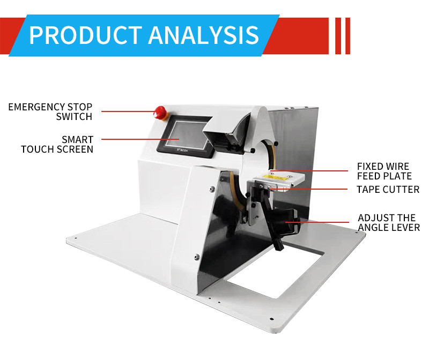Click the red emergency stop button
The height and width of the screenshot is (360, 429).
(159, 112)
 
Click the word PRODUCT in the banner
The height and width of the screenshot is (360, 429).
(85, 35)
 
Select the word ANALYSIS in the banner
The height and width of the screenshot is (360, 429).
(203, 35)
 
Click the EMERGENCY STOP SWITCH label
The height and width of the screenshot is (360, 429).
(50, 111)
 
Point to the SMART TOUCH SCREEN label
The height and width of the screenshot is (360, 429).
(57, 144)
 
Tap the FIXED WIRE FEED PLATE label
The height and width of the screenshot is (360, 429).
(384, 171)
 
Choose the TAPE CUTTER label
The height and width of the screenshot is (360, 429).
(388, 190)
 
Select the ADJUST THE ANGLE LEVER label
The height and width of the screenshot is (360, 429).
(389, 222)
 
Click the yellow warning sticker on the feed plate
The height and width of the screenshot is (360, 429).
(275, 178)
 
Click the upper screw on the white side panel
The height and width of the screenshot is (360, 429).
(212, 189)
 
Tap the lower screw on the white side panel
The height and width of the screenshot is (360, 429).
(197, 257)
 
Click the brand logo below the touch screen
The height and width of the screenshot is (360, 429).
(182, 150)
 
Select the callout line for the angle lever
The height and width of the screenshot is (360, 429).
(317, 222)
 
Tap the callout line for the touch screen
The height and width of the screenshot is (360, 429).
(140, 139)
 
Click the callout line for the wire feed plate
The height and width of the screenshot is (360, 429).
(309, 171)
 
